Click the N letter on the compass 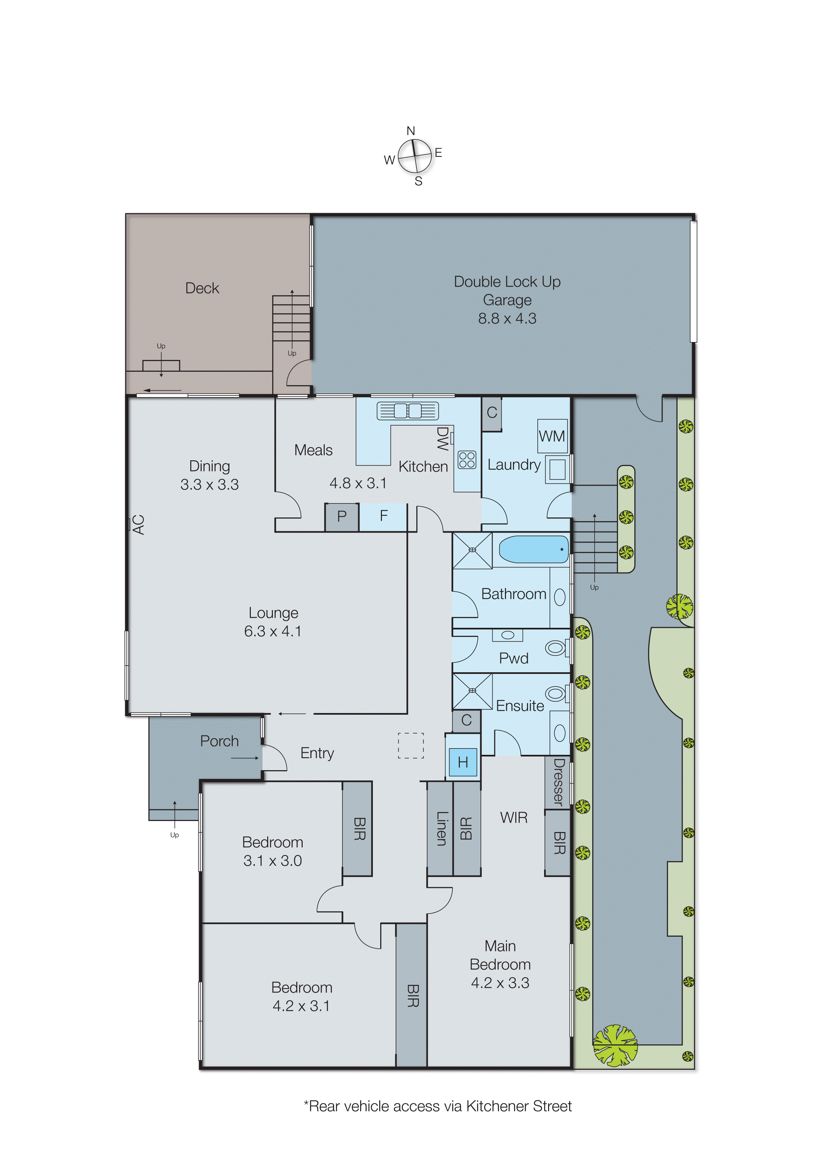coord(410,131)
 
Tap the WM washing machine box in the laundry coord(552,436)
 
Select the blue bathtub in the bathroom coord(533,549)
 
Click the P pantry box coord(341,516)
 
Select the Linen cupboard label coord(441,829)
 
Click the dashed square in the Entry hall coord(411,745)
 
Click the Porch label coord(219,741)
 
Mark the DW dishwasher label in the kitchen coord(442,439)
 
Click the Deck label coord(202,288)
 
